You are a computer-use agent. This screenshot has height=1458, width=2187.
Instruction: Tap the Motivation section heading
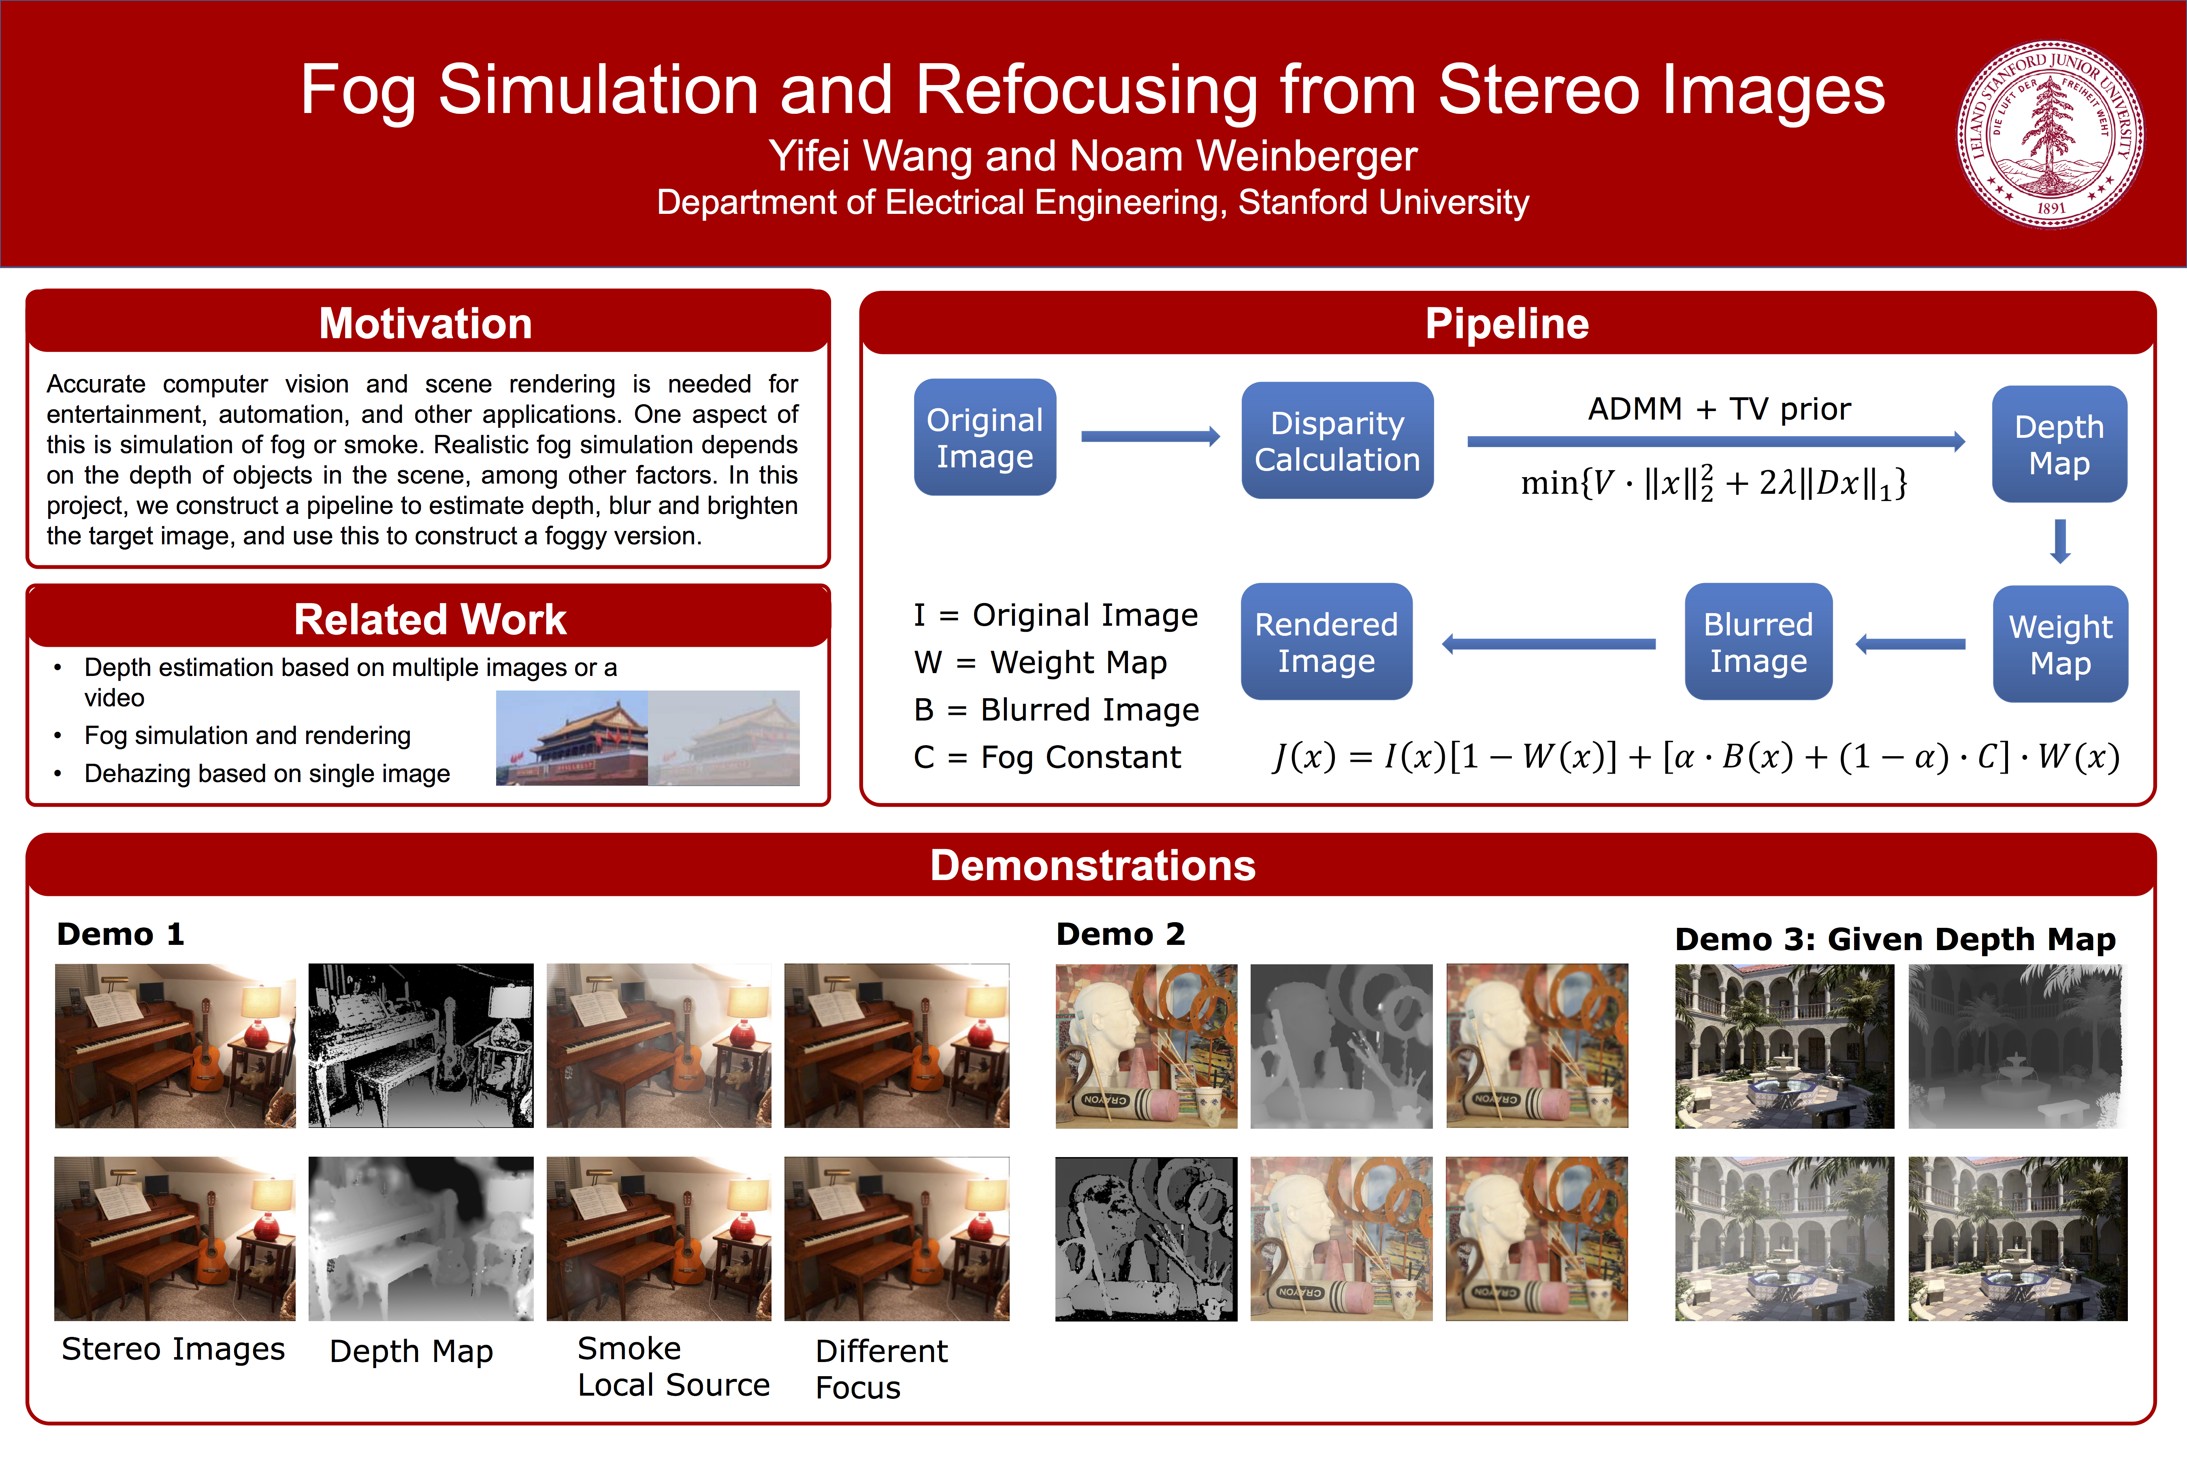(x=426, y=324)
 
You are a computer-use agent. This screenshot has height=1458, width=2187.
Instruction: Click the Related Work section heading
(x=430, y=619)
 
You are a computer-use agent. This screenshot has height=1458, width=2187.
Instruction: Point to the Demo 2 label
(x=1121, y=934)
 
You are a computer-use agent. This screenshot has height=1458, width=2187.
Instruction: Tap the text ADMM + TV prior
(x=1718, y=409)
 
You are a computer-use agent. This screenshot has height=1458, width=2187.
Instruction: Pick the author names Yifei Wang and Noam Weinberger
(x=1093, y=156)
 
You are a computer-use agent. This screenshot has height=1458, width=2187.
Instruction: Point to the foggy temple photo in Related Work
(x=723, y=738)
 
